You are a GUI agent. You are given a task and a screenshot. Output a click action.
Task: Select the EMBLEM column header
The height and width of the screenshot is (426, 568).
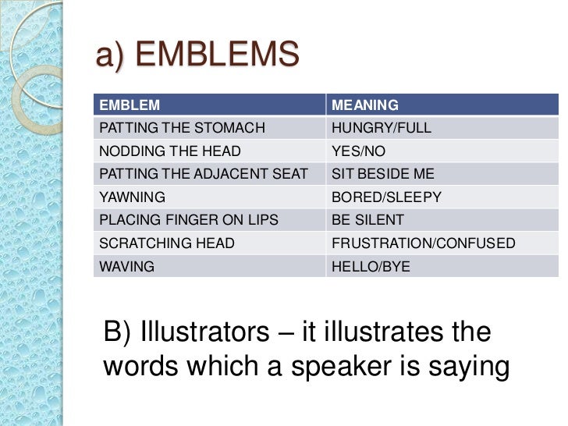pos(129,105)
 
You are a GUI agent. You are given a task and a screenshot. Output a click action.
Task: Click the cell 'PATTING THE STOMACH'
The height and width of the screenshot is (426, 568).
pos(182,127)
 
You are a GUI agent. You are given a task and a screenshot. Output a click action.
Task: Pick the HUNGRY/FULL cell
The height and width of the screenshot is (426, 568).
pos(382,127)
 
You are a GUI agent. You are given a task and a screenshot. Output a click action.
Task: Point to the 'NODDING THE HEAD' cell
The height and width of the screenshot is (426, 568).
pos(170,151)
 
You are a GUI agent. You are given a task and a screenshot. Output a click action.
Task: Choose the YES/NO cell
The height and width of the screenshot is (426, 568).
pos(359,151)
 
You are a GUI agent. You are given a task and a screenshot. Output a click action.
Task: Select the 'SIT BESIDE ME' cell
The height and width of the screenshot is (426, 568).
pos(383,173)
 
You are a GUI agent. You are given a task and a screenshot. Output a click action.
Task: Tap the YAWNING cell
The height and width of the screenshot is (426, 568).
pos(126,197)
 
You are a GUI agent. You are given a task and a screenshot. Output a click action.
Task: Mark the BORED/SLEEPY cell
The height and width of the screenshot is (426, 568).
pos(387,197)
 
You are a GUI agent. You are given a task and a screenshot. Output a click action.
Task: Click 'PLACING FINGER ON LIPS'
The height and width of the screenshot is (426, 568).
pos(188,220)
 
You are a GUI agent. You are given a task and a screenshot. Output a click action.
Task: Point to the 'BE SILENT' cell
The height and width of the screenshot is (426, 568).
pos(368,220)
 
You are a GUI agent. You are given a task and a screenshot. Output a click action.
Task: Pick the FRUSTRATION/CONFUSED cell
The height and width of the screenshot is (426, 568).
pos(424,243)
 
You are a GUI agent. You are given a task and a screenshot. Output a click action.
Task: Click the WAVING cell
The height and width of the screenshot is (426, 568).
pos(126,266)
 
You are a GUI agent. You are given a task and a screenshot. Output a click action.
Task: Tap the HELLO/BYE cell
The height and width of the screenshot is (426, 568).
pos(371,266)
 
